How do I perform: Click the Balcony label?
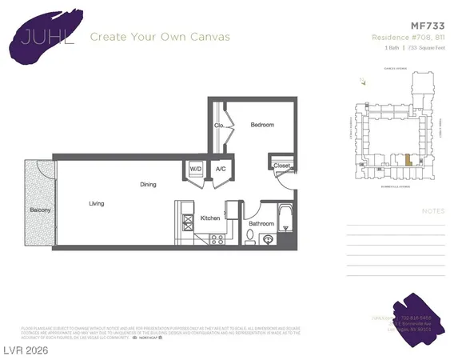click(40, 210)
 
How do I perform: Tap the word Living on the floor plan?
click(97, 204)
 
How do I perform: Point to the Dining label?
click(149, 185)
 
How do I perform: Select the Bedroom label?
click(262, 125)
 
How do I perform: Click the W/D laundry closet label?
click(196, 170)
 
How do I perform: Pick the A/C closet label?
click(221, 170)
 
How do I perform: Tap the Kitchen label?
click(210, 218)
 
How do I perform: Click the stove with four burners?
click(215, 238)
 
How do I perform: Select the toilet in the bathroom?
click(252, 236)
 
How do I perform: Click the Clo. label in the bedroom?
click(218, 126)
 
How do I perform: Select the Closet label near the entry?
click(281, 166)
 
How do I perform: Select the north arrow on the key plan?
click(362, 81)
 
